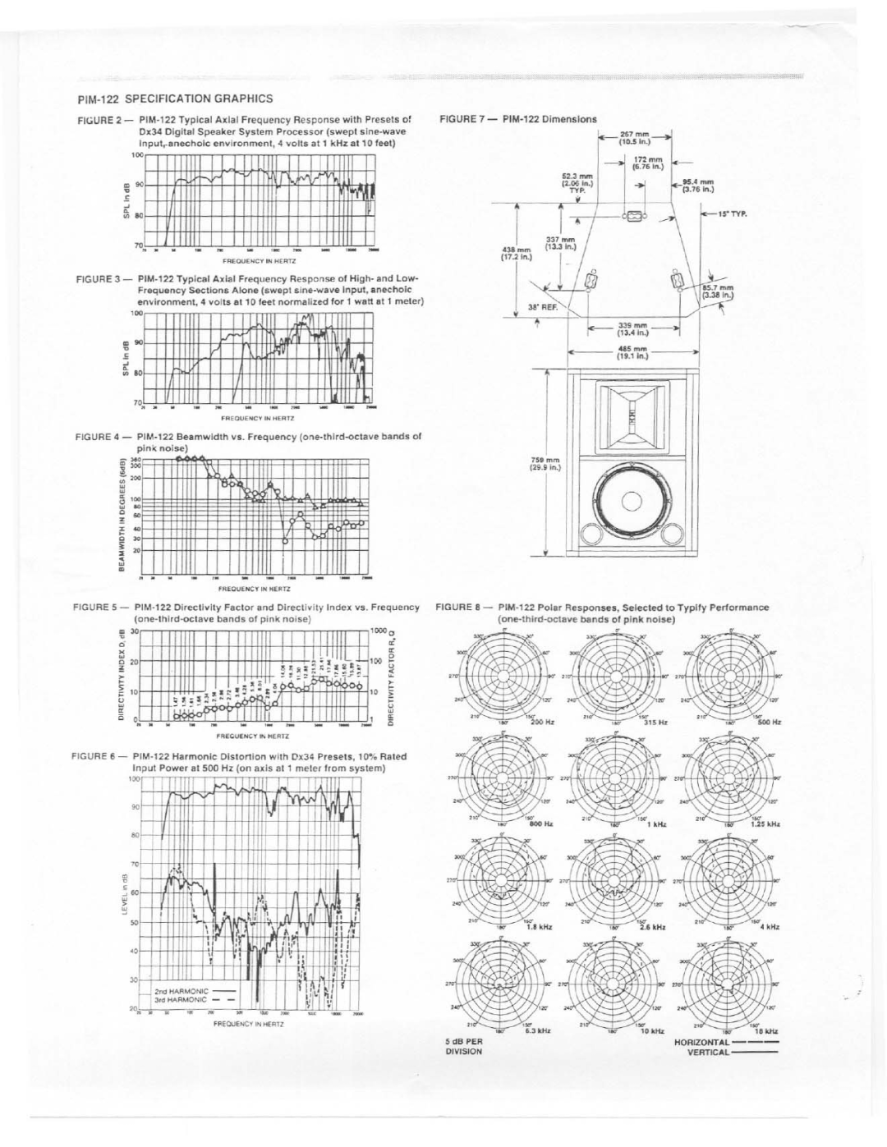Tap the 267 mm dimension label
[635, 135]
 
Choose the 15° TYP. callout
[733, 213]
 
